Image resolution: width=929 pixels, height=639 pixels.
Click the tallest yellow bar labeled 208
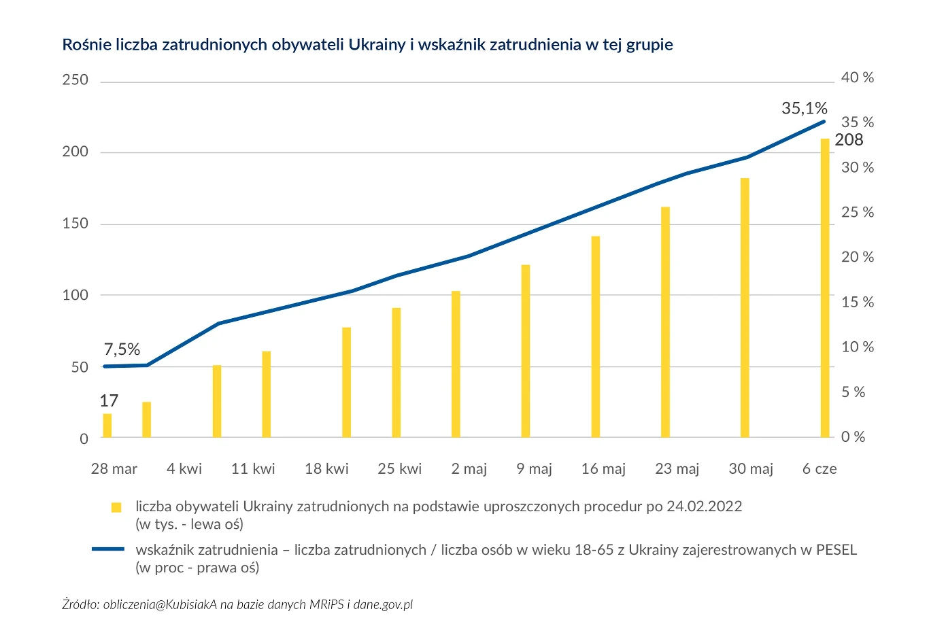[824, 288]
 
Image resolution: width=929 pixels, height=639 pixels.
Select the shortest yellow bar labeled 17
[107, 426]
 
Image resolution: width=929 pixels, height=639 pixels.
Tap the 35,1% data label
[804, 108]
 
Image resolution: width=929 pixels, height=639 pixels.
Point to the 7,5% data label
[122, 349]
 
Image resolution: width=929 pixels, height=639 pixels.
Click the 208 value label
[849, 140]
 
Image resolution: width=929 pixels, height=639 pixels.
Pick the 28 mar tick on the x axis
[114, 469]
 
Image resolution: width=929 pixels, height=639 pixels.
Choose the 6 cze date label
[820, 469]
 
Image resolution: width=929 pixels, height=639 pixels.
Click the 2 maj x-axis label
[469, 469]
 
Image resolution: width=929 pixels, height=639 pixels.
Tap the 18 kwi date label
[326, 469]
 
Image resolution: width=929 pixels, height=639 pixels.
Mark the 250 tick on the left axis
[75, 80]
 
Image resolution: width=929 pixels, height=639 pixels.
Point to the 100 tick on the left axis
[75, 295]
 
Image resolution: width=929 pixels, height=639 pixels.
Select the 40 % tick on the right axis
[857, 78]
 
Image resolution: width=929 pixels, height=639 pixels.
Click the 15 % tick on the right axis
[857, 303]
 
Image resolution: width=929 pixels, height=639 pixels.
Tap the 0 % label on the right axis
[853, 437]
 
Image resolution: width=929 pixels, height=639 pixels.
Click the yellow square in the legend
[116, 507]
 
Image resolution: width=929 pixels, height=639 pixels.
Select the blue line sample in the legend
[108, 549]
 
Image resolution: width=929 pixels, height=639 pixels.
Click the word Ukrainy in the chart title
[377, 45]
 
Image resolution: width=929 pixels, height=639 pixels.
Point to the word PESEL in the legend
[836, 550]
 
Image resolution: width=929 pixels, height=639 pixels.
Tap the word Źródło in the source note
[80, 604]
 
